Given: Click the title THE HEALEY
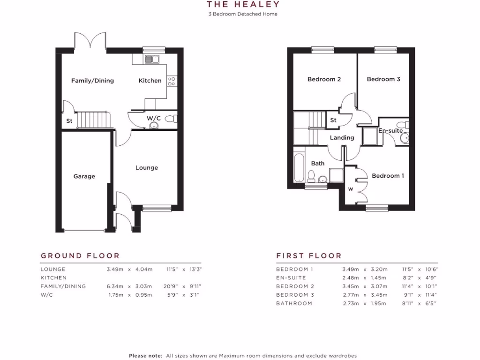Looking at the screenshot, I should (243, 5).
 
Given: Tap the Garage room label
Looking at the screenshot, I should (84, 177).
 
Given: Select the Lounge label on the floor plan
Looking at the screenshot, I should (147, 168).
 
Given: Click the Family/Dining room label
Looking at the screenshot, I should (92, 81).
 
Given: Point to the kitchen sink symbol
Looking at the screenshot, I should (152, 59).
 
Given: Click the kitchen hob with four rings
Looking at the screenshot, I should (172, 81).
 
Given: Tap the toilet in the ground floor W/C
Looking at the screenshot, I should (170, 119).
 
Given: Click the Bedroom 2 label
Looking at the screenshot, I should (324, 79).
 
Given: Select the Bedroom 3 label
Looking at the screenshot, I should (383, 79).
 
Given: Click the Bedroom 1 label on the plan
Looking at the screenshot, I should (388, 176).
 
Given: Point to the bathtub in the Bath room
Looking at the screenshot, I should (299, 166).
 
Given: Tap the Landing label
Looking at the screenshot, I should (342, 138).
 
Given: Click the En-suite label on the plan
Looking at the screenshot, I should (390, 131).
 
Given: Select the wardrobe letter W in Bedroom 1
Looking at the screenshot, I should (350, 189).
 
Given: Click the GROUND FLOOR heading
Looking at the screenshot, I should (80, 256).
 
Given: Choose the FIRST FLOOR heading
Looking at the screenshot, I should (309, 256).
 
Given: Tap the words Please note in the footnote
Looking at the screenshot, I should (146, 356).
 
